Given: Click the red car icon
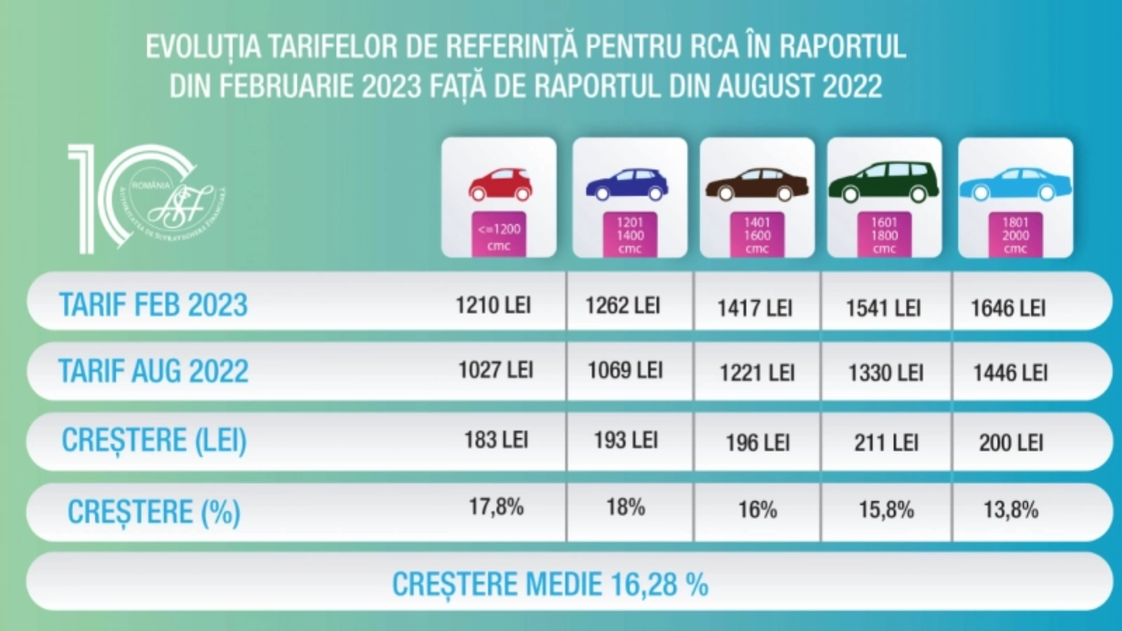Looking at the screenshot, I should coord(500,184).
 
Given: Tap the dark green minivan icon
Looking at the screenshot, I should coord(884,182).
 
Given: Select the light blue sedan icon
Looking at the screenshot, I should coord(1015,184).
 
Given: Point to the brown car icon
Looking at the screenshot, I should coord(757,184).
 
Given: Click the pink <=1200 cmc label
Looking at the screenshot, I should coord(499,236).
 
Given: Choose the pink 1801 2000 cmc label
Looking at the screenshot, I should coord(1015,235).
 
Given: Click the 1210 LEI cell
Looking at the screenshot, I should coord(493,305).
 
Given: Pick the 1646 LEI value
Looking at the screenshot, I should coord(1008,308).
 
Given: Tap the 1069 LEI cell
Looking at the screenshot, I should coord(625,370).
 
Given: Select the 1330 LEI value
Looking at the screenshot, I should coord(886,373).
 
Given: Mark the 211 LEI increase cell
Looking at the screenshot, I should coord(886,442).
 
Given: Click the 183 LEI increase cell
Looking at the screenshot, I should coord(496,440).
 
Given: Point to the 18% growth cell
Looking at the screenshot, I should coord(626,507).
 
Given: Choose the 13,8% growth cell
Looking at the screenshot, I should coord(1011,510).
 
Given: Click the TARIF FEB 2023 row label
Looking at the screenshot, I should coord(153,305).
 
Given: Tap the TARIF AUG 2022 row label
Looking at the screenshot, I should coord(153,372).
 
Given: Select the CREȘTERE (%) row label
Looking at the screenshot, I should coord(154,512).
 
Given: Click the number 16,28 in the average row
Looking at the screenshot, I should coord(644,585).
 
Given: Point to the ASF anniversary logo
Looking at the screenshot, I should coord(147,198).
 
